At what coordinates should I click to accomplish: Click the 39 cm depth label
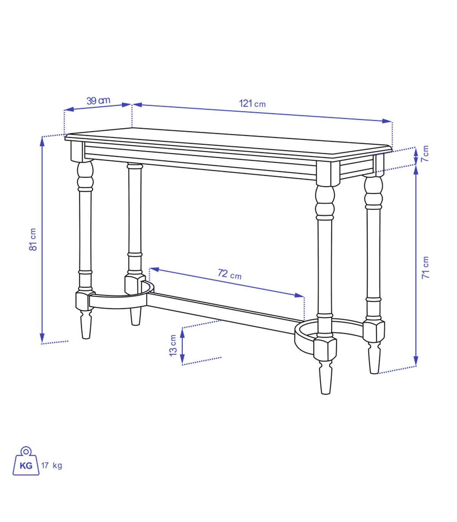click(x=98, y=101)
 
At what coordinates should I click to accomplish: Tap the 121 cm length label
click(x=252, y=103)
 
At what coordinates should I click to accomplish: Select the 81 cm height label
click(x=33, y=239)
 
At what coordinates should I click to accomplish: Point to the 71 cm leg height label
click(x=425, y=267)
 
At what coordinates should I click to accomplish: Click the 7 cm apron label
click(x=425, y=154)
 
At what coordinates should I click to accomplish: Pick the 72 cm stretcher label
click(x=230, y=274)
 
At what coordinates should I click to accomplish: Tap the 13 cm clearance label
click(x=173, y=345)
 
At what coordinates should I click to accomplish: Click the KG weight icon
click(x=26, y=461)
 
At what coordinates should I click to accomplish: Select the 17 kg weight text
click(x=51, y=465)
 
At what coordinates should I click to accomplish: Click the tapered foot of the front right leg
click(x=326, y=377)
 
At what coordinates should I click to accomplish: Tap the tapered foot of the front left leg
click(x=86, y=324)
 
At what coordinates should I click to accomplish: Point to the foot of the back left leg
click(x=135, y=316)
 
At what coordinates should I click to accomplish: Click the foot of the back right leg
click(x=374, y=358)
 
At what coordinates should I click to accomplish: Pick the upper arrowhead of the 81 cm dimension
click(x=42, y=142)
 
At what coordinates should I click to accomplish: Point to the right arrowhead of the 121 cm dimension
click(x=387, y=121)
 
